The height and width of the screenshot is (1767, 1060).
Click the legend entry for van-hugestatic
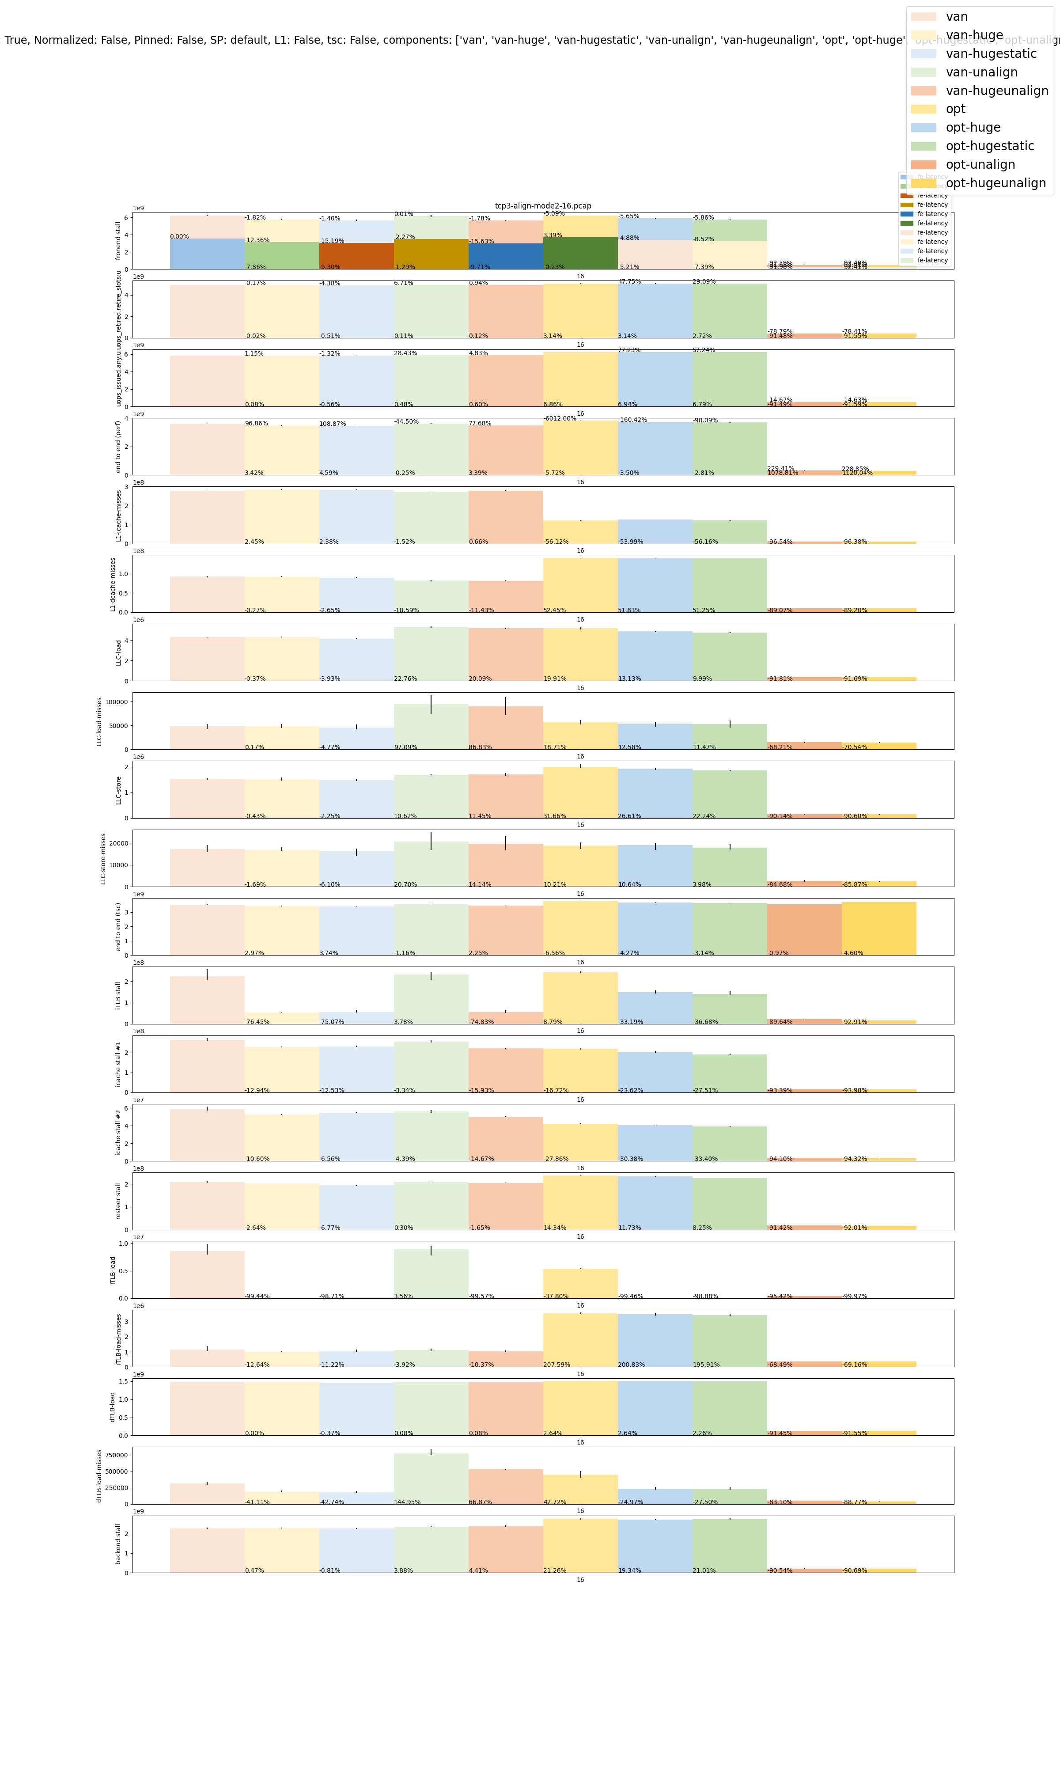991,53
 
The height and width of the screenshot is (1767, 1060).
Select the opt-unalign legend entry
980,164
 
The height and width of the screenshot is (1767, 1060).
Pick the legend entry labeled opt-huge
973,127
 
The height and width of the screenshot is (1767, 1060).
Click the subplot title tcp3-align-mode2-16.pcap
543,206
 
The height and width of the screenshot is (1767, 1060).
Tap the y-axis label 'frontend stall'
118,241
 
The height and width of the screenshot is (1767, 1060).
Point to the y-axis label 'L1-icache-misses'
118,515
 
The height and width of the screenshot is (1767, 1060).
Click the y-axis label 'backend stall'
118,1543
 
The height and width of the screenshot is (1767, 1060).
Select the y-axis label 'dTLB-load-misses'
99,1475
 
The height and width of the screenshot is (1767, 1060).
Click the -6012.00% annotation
559,418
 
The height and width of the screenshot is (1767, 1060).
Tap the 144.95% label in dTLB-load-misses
407,1502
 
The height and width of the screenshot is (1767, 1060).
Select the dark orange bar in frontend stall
356,256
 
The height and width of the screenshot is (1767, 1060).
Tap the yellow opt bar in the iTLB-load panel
580,1283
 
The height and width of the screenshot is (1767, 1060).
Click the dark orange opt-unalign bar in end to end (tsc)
804,929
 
